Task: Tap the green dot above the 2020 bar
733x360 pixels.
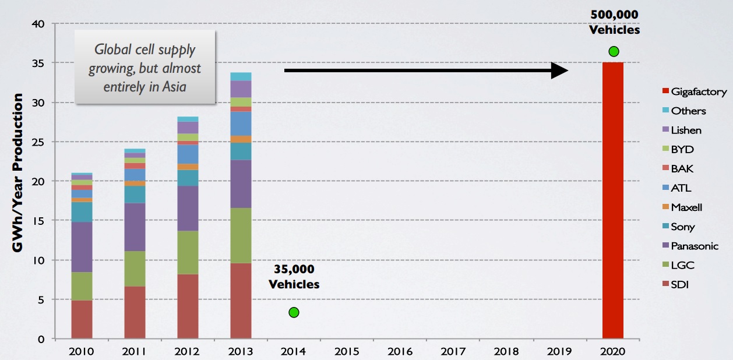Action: click(614, 52)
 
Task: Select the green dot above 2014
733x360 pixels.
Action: click(294, 312)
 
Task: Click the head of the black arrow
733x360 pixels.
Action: click(560, 70)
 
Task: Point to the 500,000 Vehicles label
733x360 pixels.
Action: click(614, 22)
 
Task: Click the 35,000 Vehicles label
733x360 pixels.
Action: click(294, 277)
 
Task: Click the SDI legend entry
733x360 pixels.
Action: click(680, 285)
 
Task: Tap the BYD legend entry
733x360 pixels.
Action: click(682, 149)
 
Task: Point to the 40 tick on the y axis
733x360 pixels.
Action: click(38, 24)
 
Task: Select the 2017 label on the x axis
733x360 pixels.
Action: click(453, 351)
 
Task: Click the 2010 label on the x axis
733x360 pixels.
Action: click(82, 351)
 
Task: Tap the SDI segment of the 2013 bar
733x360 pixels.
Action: click(241, 301)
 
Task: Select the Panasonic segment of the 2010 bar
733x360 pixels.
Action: click(82, 247)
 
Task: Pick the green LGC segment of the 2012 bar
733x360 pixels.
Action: click(188, 253)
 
